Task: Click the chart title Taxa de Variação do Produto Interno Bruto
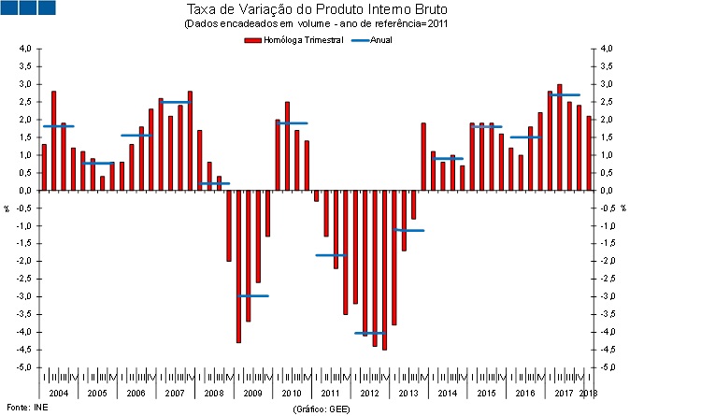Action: (319, 10)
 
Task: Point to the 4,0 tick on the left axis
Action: (26, 49)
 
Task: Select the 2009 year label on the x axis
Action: (252, 394)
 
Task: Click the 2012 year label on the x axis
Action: (369, 394)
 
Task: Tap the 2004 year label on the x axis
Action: (58, 394)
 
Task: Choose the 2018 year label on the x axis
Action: (588, 394)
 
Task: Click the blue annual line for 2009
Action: (252, 295)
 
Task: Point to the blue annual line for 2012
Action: (369, 333)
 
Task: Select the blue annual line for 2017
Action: (565, 94)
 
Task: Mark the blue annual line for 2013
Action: (408, 230)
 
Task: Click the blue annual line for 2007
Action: (175, 102)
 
